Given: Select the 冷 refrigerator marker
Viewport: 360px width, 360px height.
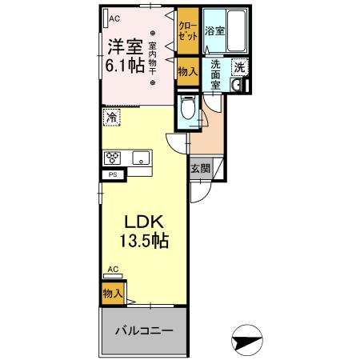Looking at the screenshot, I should (x=110, y=117).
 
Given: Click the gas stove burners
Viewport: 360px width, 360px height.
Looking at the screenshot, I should (x=110, y=157).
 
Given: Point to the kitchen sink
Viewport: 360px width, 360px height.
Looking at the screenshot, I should (x=142, y=158).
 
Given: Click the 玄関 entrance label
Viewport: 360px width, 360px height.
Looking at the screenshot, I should (x=201, y=168).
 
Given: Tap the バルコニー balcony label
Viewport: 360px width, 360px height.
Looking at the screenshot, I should (x=144, y=330).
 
